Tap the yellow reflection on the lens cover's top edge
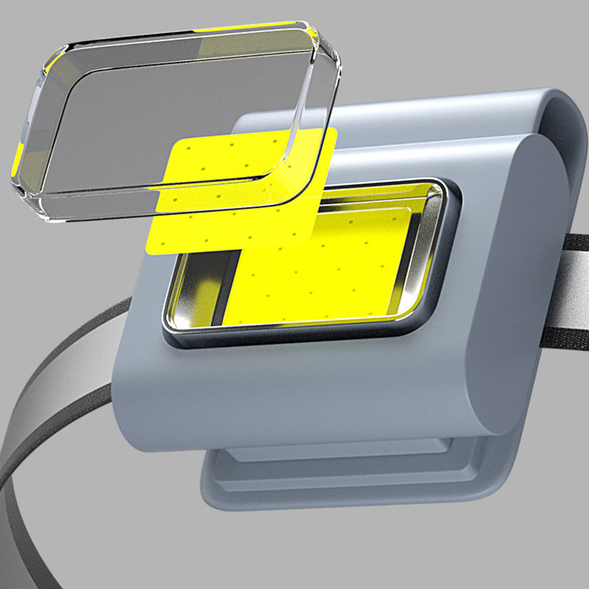click(250, 27)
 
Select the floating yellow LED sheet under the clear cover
click(221, 221)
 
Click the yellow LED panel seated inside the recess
click(331, 272)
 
